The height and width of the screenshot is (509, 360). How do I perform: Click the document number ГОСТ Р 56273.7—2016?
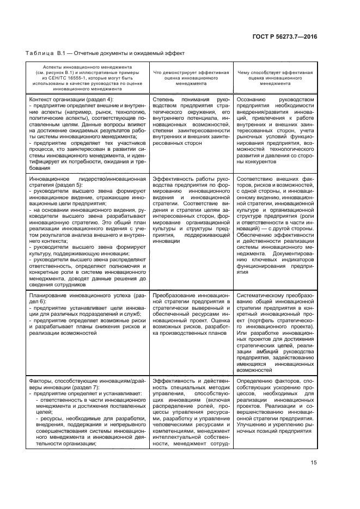coord(292,36)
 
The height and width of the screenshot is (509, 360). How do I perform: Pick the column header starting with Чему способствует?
coord(274,78)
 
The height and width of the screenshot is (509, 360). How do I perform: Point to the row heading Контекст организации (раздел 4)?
coord(71,100)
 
